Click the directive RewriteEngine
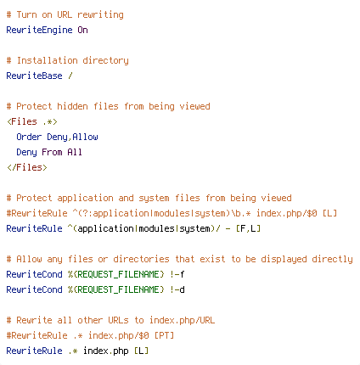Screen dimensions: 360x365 point(39,30)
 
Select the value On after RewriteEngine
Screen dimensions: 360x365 point(82,30)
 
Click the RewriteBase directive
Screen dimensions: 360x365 point(34,76)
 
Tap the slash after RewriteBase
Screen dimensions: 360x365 point(70,76)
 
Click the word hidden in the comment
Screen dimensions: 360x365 point(72,106)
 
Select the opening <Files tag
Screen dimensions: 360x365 point(22,121)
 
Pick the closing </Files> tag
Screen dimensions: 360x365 point(27,167)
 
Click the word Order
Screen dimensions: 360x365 point(29,137)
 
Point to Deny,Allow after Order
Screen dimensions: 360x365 point(72,138)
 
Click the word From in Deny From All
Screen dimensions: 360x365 point(52,152)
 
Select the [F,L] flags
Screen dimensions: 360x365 point(248,228)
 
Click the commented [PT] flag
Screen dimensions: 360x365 point(164,335)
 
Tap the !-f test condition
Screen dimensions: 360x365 point(177,274)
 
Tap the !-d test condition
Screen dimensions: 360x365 point(177,289)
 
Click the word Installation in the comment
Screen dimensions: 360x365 point(47,60)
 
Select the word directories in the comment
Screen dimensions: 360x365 point(141,259)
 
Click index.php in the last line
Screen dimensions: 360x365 point(106,351)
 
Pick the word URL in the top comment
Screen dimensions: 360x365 point(65,14)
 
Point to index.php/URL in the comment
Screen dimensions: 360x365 point(182,321)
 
